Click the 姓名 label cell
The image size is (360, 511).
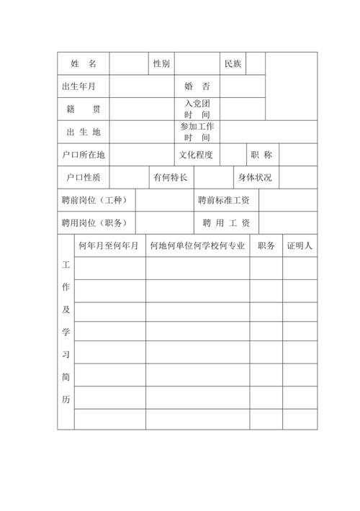pos(83,64)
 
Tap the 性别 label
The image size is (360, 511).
pos(161,64)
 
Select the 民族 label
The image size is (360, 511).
pos(233,64)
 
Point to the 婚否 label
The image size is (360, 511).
pos(197,87)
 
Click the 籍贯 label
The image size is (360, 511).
pos(83,109)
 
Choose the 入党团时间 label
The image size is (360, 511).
pos(197,109)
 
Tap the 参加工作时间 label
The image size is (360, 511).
pos(197,132)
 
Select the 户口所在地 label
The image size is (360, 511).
pos(83,154)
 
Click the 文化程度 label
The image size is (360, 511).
pos(196,154)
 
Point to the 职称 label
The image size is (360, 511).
pos(261,154)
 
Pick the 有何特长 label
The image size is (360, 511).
pos(170,177)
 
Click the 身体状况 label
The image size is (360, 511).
pos(255,177)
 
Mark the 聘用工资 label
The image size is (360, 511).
pos(226,222)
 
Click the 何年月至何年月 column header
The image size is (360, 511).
pos(108,245)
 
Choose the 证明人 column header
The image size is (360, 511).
pos(299,245)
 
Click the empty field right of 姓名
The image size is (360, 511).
pos(128,64)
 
